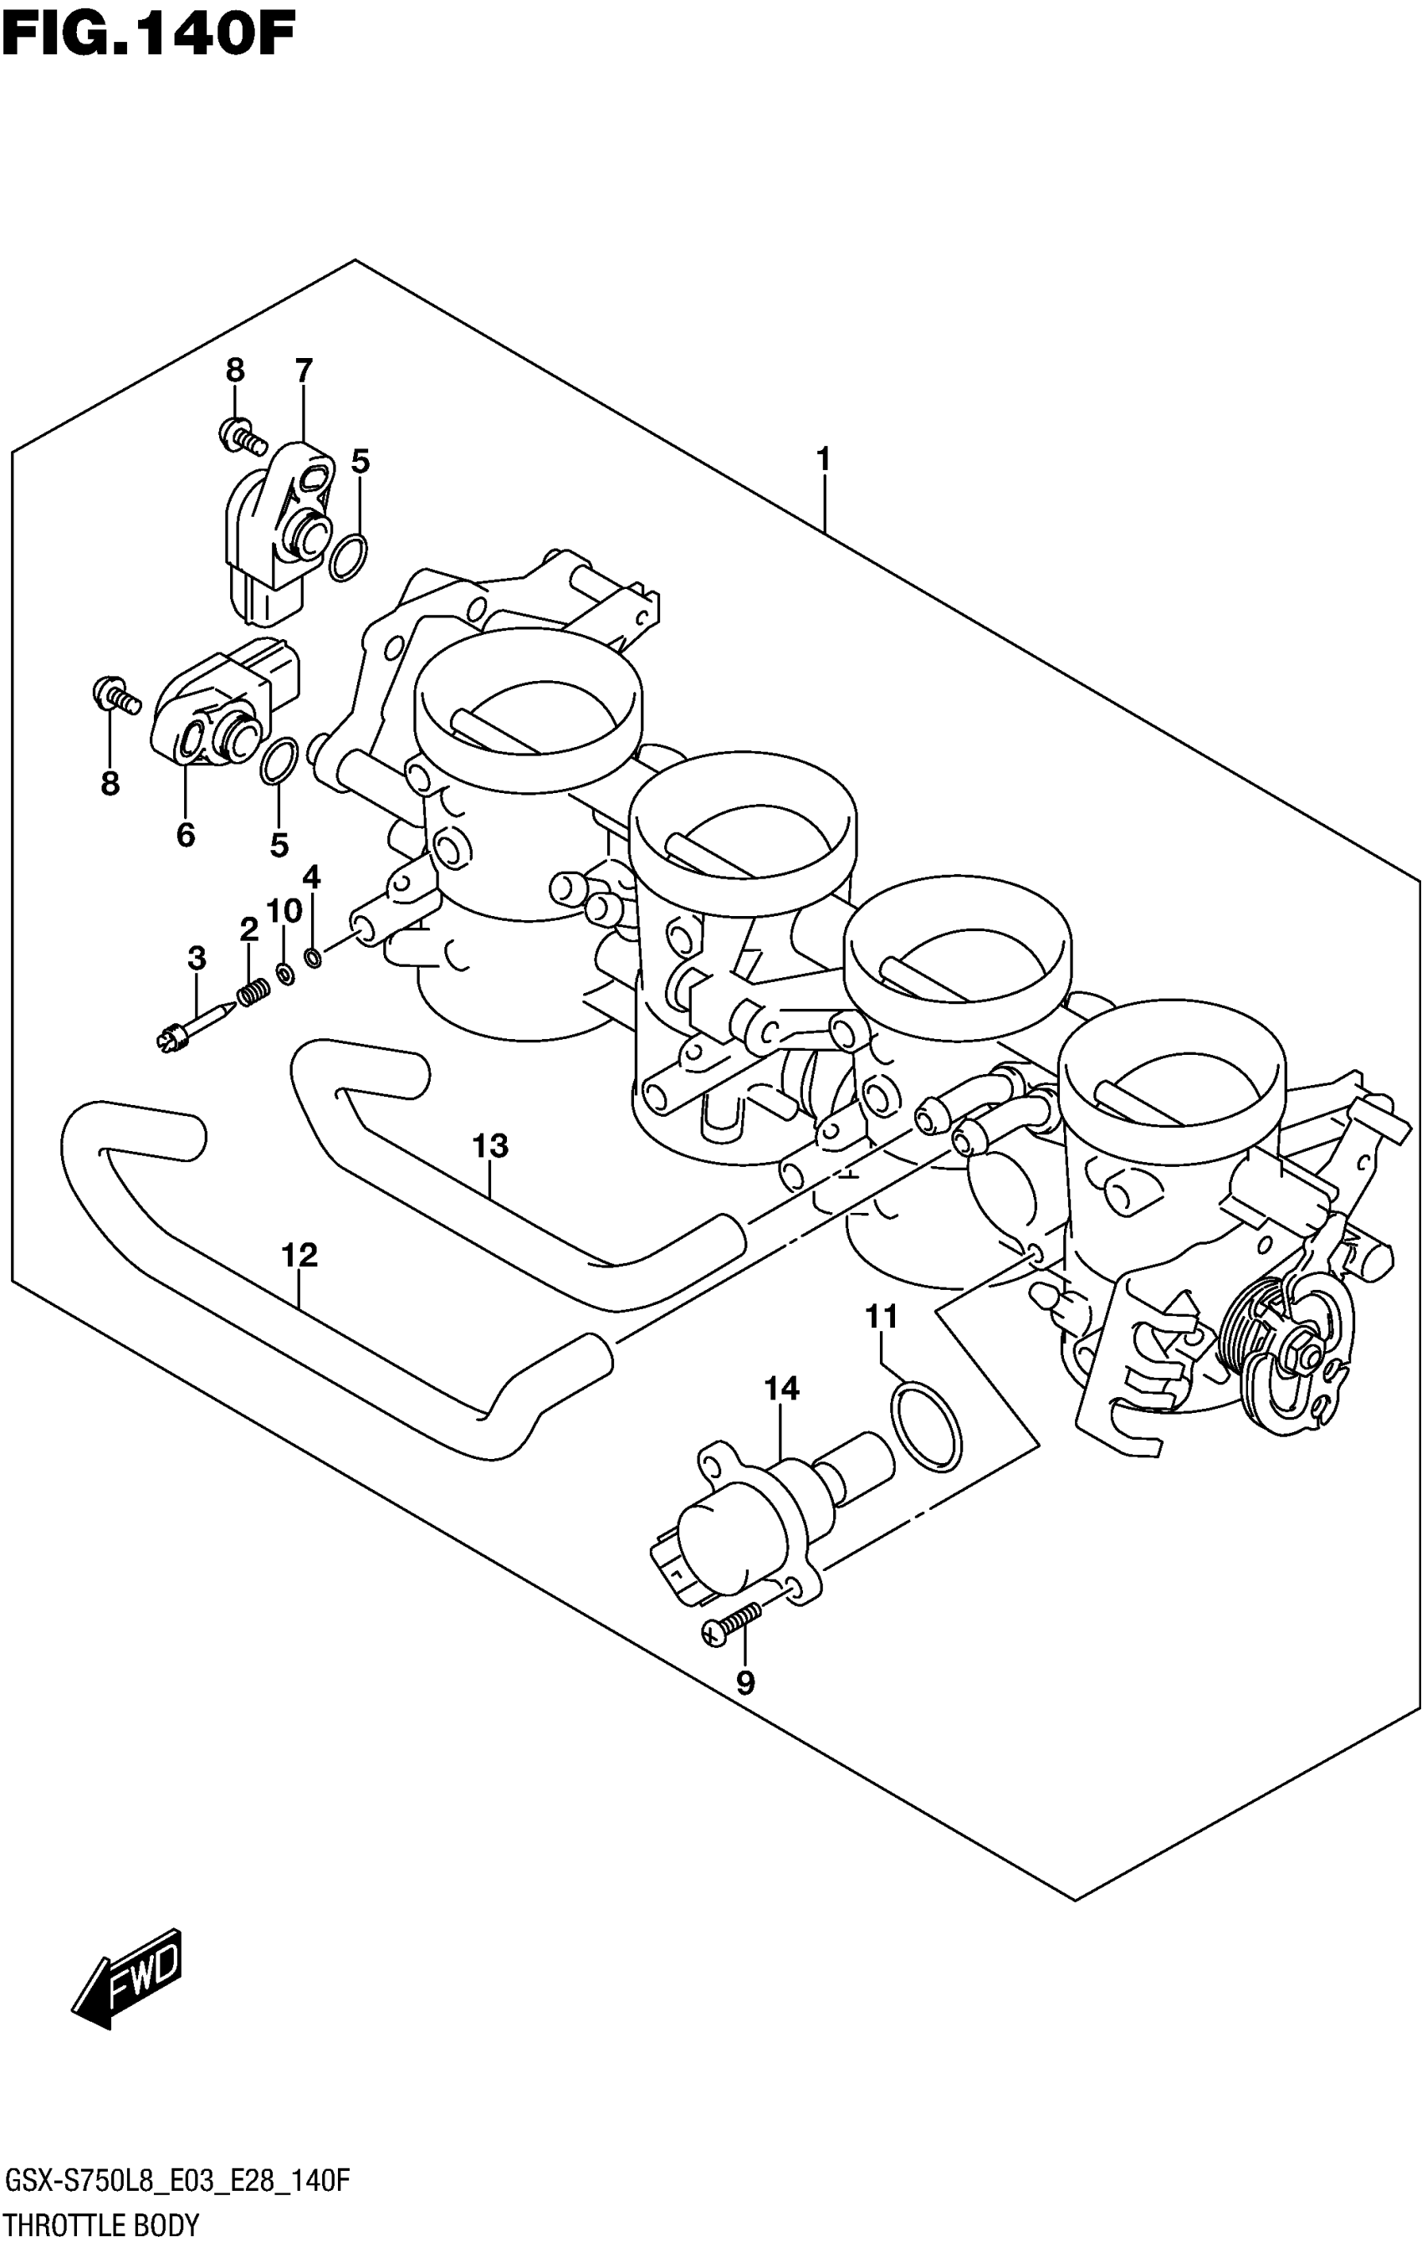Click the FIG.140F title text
point(148,35)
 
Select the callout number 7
point(303,371)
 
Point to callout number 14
point(781,1389)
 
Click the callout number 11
point(881,1317)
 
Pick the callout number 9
point(745,1683)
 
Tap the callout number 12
point(299,1255)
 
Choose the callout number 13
point(490,1145)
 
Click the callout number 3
point(197,958)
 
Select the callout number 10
point(284,911)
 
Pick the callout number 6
point(185,834)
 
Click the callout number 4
point(311,877)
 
